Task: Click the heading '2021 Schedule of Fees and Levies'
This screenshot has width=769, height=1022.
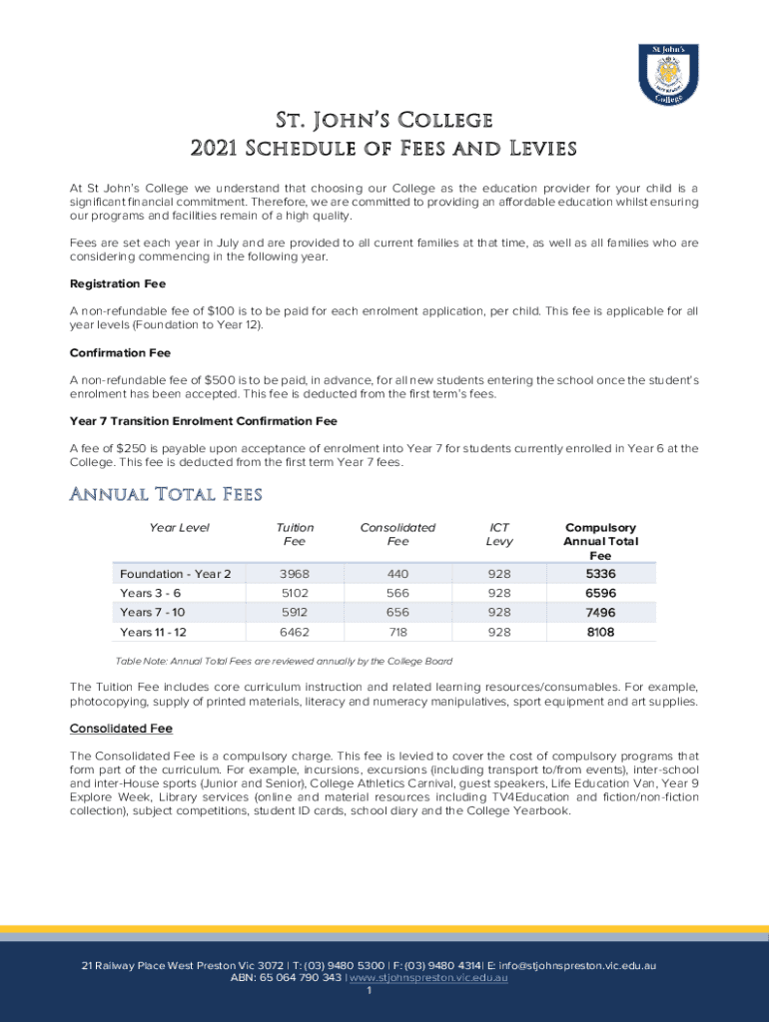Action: click(x=384, y=149)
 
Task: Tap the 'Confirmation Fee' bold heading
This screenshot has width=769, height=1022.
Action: click(x=120, y=352)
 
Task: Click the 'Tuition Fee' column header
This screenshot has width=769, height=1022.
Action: click(x=295, y=534)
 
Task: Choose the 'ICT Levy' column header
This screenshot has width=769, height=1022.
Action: click(x=499, y=534)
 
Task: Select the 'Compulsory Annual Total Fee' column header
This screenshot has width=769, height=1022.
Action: click(x=600, y=541)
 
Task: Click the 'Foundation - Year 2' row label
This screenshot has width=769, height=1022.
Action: click(x=175, y=574)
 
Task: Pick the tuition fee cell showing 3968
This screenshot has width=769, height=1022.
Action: click(x=294, y=574)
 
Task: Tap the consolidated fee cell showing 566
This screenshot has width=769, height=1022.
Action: click(x=397, y=593)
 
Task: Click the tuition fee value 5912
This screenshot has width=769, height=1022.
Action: click(x=294, y=612)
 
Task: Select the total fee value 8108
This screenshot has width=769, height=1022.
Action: click(x=600, y=632)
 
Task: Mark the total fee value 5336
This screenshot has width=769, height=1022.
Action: click(x=600, y=574)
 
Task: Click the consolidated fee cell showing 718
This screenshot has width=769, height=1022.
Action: click(x=397, y=632)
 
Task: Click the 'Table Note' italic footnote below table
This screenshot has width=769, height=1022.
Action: click(x=284, y=661)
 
